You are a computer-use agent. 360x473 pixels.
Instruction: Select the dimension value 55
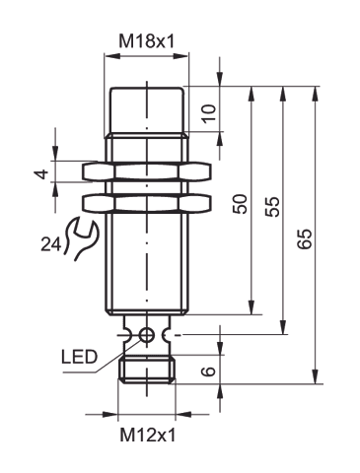(273, 206)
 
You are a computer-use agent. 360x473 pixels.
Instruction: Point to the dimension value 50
(240, 204)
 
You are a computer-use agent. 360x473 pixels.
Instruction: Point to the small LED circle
(146, 335)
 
